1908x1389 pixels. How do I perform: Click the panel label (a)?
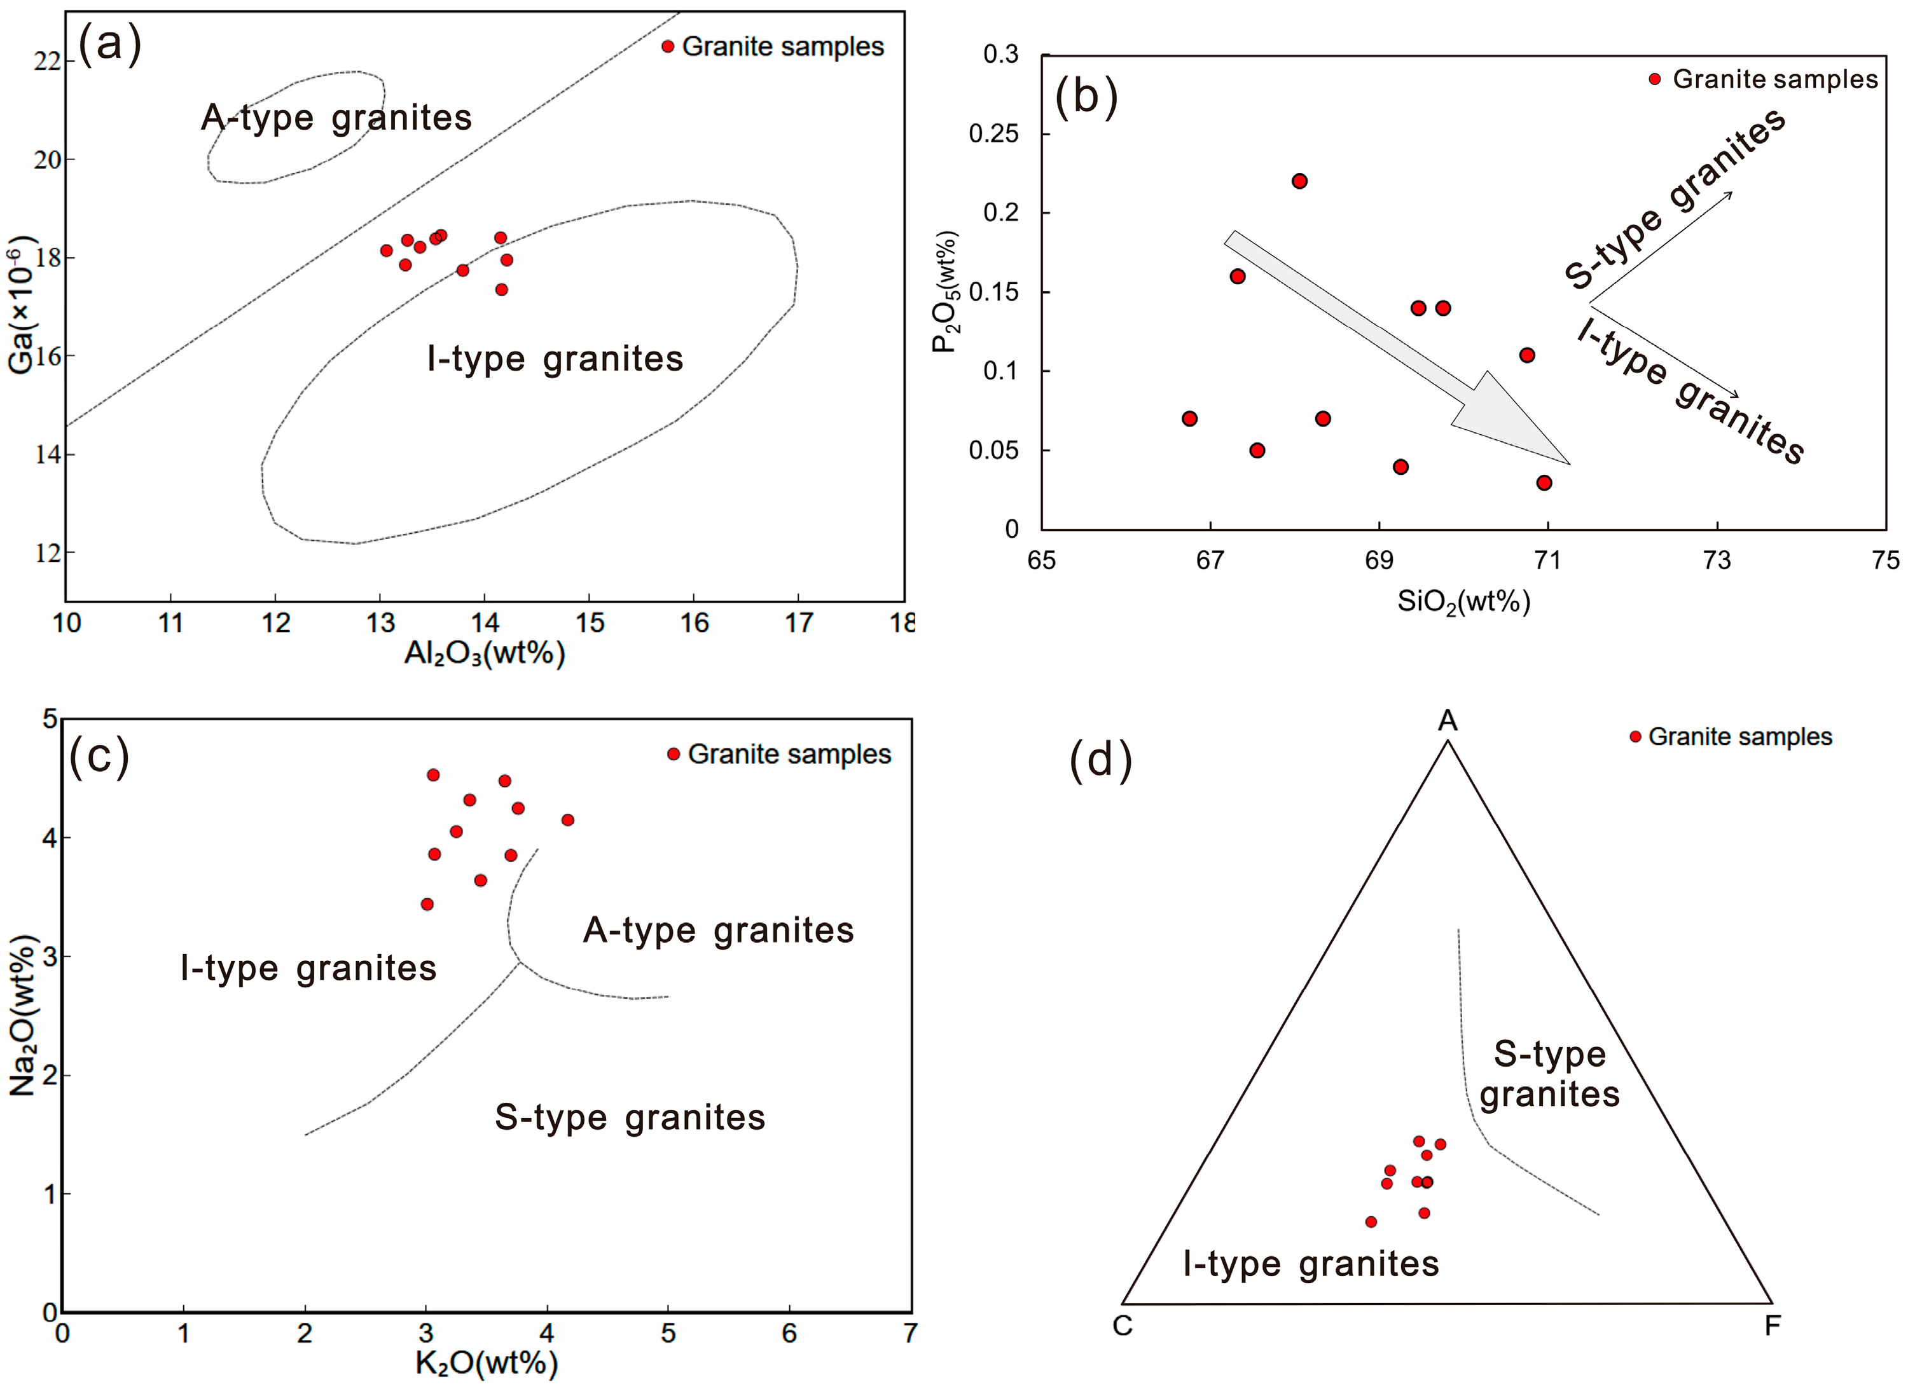tap(109, 44)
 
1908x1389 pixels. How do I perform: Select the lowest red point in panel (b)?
tap(1544, 482)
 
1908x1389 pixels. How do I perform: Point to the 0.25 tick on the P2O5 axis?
tap(993, 133)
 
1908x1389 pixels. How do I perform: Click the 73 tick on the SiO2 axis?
tap(1717, 560)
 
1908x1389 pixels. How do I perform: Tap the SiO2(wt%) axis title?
tap(1464, 602)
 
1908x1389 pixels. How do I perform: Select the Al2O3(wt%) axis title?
tap(485, 653)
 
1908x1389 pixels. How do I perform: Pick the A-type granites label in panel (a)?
tap(336, 118)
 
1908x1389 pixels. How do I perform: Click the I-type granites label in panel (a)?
tap(555, 359)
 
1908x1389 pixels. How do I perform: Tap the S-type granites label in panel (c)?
tap(630, 1118)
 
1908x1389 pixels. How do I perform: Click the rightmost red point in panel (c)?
tap(568, 820)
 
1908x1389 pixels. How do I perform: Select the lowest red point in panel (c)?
tap(427, 904)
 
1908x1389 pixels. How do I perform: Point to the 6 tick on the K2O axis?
tap(789, 1332)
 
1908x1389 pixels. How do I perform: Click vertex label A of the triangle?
tap(1447, 721)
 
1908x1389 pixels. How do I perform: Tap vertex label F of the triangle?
tap(1773, 1326)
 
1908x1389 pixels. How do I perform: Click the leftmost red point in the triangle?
tap(1371, 1222)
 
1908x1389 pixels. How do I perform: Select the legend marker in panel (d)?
tap(1635, 737)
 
